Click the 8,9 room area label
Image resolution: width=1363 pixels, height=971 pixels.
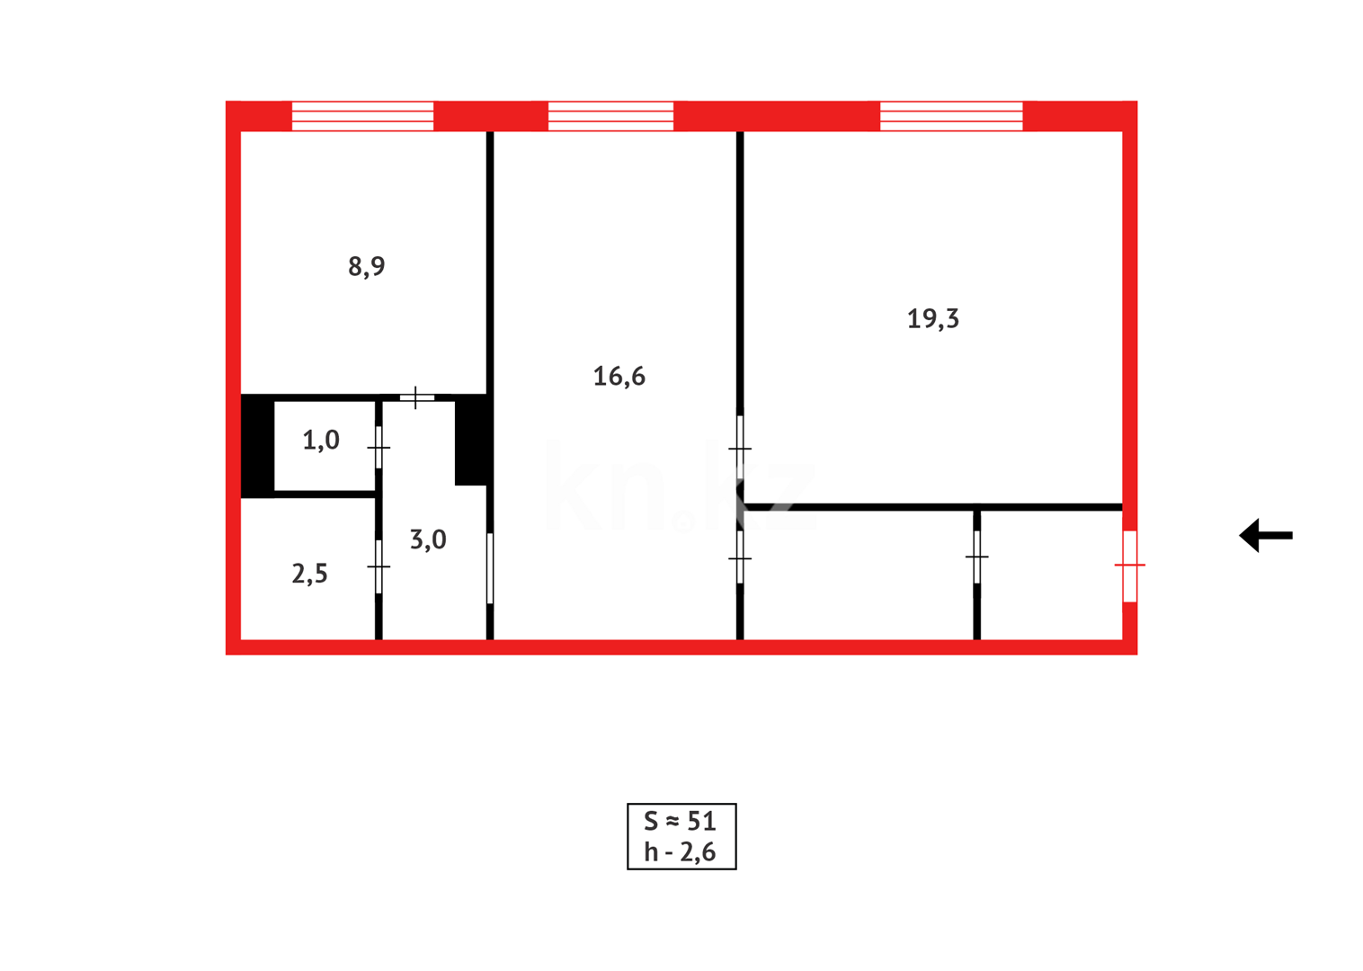click(x=366, y=266)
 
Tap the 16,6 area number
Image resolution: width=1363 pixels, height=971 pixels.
click(x=619, y=376)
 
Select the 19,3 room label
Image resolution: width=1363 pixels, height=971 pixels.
click(x=932, y=318)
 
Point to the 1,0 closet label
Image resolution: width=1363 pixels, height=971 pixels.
click(x=320, y=440)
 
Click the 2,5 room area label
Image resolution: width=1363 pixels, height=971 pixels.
click(x=309, y=574)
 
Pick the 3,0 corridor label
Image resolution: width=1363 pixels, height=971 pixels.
click(x=427, y=539)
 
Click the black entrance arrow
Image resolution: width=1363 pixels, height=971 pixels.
click(x=1265, y=536)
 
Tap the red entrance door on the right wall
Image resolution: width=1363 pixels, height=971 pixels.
click(x=1129, y=566)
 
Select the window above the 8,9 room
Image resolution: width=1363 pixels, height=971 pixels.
click(x=362, y=116)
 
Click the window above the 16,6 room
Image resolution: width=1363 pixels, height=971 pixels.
click(x=610, y=116)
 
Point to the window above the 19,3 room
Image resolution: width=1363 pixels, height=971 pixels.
click(x=950, y=116)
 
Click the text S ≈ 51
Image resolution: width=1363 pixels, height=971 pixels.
click(x=680, y=821)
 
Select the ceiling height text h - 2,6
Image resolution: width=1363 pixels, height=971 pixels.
click(x=680, y=851)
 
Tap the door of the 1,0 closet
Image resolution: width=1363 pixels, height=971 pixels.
click(x=379, y=447)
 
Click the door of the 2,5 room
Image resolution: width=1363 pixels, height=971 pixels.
click(x=379, y=566)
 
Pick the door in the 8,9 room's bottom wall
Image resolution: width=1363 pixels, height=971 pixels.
click(x=416, y=396)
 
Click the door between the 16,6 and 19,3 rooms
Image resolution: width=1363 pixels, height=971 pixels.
click(x=740, y=447)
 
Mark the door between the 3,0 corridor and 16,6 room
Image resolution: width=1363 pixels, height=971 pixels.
click(x=490, y=568)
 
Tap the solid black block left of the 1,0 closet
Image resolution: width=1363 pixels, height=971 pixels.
click(x=257, y=446)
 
